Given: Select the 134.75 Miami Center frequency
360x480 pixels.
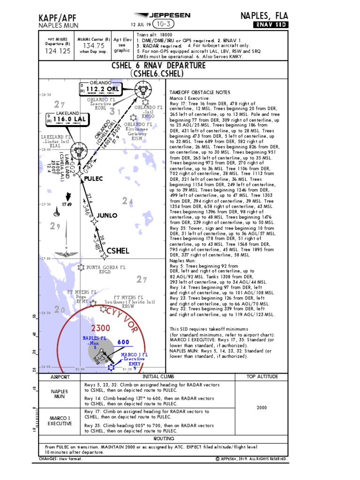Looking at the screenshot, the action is coord(94,45).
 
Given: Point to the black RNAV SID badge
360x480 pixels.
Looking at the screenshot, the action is coord(271,24).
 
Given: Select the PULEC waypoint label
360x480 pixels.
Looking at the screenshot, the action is coord(93,179).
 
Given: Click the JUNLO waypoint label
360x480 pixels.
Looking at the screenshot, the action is coord(107,216).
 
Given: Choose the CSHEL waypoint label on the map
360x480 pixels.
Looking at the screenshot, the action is coord(118,251).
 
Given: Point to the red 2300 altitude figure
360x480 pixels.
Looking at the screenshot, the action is coord(101,327).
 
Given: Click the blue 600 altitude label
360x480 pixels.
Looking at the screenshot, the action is coord(123,342).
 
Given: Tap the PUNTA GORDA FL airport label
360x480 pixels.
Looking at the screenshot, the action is coord(106,268).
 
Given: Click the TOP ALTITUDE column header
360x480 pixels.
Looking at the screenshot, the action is coord(262,377).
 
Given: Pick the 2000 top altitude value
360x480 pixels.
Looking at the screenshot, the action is coord(262,407).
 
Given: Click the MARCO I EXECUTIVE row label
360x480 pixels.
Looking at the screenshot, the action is coord(60,420).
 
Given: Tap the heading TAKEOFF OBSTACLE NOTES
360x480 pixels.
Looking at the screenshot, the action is coord(200,92).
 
